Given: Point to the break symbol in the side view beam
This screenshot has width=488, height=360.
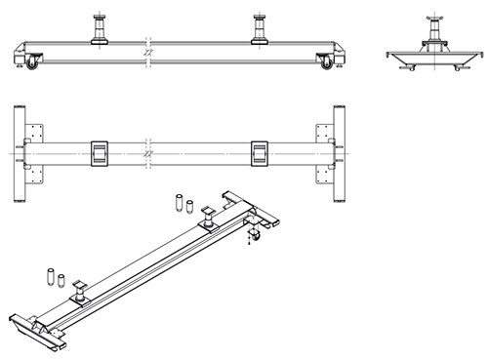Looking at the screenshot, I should (148, 52).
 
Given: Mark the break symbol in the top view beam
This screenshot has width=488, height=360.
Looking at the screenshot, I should (148, 153).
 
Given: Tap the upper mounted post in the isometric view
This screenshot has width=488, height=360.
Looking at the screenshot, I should (209, 216).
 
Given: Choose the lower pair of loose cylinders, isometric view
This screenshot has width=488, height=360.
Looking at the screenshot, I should (55, 276).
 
